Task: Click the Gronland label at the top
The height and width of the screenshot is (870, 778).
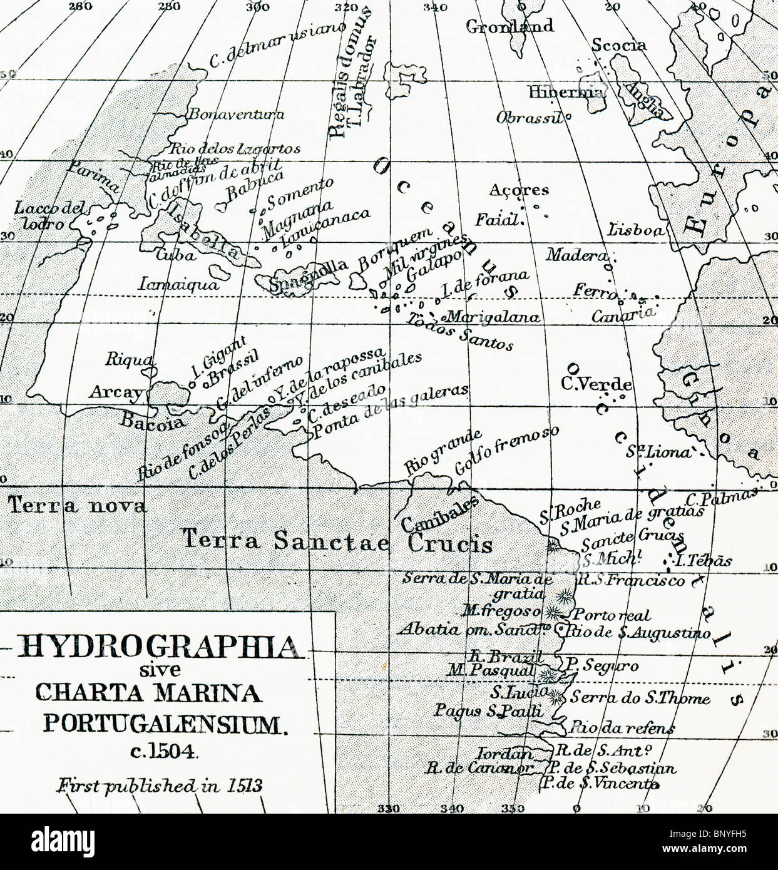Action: pyautogui.click(x=510, y=26)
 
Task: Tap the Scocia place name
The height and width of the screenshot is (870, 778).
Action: pyautogui.click(x=618, y=45)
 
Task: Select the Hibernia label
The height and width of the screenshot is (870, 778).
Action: pyautogui.click(x=566, y=93)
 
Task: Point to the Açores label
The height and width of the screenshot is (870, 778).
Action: pyautogui.click(x=519, y=190)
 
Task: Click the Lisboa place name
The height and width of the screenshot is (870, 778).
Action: pyautogui.click(x=635, y=230)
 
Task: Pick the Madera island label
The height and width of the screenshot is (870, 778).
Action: pyautogui.click(x=576, y=255)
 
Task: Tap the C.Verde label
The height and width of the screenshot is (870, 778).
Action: pyautogui.click(x=596, y=384)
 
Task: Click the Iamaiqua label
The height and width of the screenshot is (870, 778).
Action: pyautogui.click(x=179, y=285)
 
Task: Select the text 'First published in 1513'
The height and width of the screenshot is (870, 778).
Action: pyautogui.click(x=160, y=786)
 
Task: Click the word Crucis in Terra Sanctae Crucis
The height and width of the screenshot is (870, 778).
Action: pyautogui.click(x=449, y=543)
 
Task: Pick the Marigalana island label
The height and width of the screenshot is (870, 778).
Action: pyautogui.click(x=493, y=317)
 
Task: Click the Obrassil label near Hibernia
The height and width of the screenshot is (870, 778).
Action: pyautogui.click(x=530, y=118)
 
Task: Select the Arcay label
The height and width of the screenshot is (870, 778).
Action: pyautogui.click(x=116, y=392)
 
